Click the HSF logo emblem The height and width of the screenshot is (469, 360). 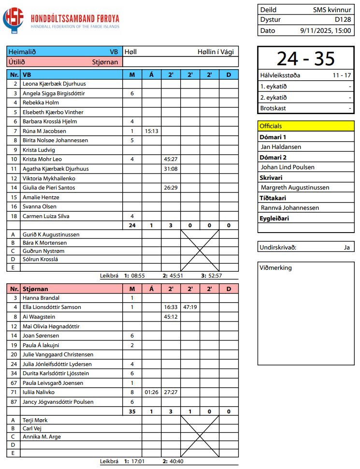(13, 20)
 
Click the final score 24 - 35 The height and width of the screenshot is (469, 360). (305, 59)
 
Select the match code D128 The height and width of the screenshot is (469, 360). (343, 20)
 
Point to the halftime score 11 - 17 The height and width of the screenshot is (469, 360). (342, 75)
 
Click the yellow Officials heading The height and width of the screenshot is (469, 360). (271, 126)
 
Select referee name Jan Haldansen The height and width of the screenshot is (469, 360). (281, 147)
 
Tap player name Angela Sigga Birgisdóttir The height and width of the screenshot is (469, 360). (54, 93)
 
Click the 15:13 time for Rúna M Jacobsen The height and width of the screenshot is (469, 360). (151, 131)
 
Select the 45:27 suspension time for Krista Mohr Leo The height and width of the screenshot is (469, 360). (171, 159)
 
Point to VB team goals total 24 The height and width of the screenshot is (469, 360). (132, 225)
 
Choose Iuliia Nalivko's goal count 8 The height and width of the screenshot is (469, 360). (132, 392)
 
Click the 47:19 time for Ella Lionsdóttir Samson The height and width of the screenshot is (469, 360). (190, 307)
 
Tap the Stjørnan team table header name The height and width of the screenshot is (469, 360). (36, 289)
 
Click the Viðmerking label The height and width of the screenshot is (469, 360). (275, 267)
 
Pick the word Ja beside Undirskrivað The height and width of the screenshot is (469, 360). (346, 247)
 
